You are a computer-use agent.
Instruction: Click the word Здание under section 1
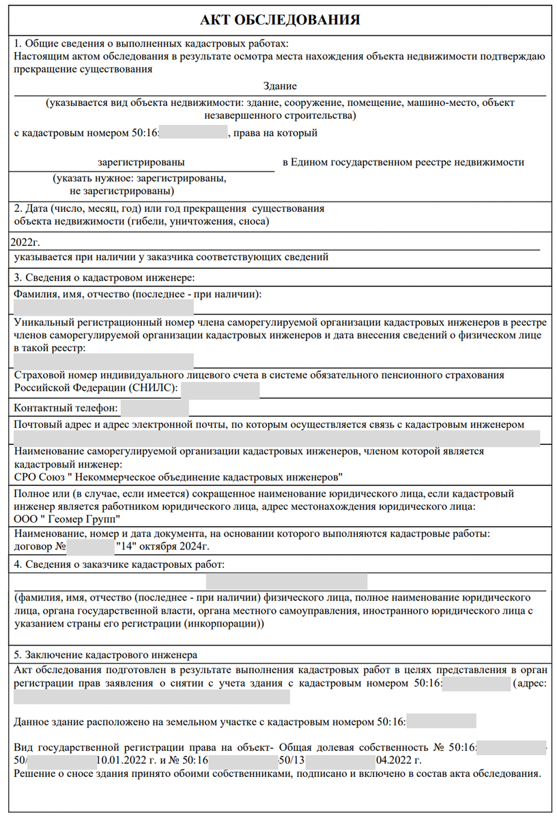tap(280, 86)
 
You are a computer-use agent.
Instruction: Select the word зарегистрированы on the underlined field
tap(141, 163)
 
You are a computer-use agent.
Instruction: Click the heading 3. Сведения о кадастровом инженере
tap(104, 277)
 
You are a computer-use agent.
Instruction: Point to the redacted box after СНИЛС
tap(220, 389)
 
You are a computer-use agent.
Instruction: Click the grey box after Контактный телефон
tap(154, 409)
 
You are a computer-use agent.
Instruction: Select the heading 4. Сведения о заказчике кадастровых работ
tap(119, 564)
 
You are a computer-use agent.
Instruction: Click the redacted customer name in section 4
tap(286, 582)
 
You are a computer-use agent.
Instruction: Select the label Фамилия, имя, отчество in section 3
tap(72, 295)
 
